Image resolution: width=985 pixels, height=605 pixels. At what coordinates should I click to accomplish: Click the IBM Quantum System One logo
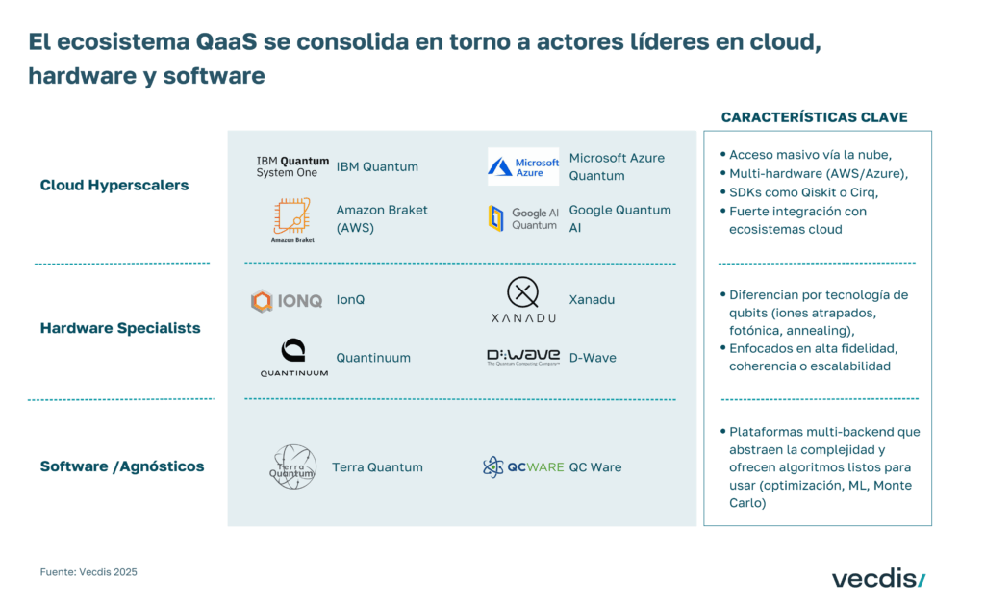[x=292, y=166]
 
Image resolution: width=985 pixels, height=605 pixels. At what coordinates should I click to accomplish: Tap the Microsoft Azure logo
[x=523, y=166]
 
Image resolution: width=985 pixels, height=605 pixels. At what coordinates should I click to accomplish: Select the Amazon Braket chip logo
[x=292, y=218]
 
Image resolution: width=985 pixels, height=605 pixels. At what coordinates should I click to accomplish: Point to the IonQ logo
[x=287, y=301]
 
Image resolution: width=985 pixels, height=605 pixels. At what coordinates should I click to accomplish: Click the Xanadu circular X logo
[x=522, y=291]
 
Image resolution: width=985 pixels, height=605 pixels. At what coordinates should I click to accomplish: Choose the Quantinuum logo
[x=293, y=357]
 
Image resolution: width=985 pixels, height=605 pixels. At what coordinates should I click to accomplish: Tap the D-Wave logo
[x=523, y=357]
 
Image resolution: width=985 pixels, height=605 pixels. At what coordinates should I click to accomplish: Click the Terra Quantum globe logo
[x=292, y=466]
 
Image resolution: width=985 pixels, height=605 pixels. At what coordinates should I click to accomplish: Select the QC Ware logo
[x=523, y=466]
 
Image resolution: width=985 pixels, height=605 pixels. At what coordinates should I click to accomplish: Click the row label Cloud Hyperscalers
[x=114, y=185]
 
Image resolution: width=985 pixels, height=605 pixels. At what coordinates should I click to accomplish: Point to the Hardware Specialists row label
[x=120, y=328]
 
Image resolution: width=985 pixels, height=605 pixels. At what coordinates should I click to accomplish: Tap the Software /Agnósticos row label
[x=122, y=466]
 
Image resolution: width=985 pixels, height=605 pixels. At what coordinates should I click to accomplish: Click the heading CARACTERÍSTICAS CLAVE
[x=814, y=117]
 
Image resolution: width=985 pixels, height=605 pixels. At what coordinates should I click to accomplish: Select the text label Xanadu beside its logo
[x=592, y=300]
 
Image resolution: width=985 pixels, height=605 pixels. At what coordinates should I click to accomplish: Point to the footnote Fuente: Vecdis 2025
[x=88, y=572]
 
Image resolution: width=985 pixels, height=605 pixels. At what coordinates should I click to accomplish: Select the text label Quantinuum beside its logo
[x=373, y=358]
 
